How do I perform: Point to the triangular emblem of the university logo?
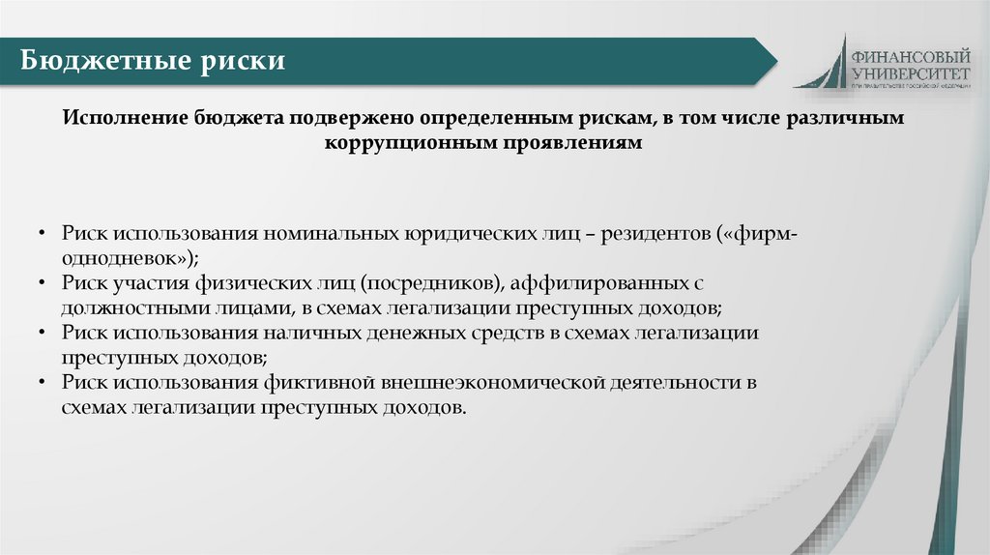tap(824, 66)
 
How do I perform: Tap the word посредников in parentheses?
tap(431, 283)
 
